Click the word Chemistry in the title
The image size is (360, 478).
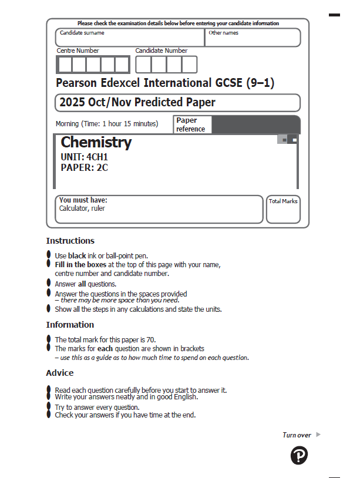tap(96, 142)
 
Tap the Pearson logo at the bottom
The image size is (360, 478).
tap(299, 455)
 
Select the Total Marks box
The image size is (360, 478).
tap(283, 210)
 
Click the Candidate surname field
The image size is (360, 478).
tap(130, 38)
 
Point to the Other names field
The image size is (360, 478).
tap(253, 38)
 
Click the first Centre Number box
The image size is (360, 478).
tap(65, 64)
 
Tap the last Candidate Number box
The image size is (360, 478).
tap(189, 64)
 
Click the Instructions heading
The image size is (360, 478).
tap(70, 241)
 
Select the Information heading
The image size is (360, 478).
tap(70, 325)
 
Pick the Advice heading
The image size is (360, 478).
tap(60, 373)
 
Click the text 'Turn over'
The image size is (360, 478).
tap(297, 435)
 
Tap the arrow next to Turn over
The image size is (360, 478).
tap(318, 435)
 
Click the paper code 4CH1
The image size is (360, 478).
tap(97, 157)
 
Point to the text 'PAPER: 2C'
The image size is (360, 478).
tap(84, 167)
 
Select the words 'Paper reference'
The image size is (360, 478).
tap(191, 124)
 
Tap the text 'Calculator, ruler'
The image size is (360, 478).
tap(82, 208)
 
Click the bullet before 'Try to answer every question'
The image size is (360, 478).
tap(49, 406)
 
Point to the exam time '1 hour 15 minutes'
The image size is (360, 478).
tap(130, 124)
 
